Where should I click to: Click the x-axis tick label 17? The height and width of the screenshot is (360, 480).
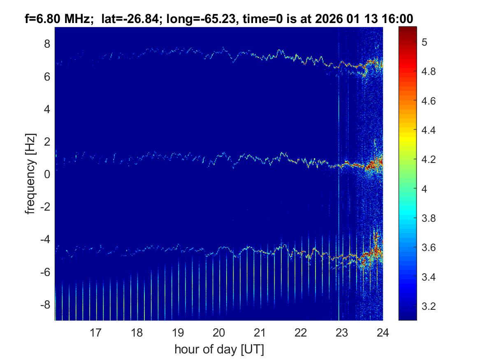[x=95, y=332]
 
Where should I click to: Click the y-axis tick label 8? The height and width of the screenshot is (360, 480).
[x=46, y=44]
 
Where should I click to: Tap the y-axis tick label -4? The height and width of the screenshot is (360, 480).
[x=44, y=239]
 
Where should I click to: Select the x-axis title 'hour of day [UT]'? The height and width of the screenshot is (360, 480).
[x=219, y=350]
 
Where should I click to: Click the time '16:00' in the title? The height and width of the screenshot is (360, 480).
[x=399, y=19]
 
